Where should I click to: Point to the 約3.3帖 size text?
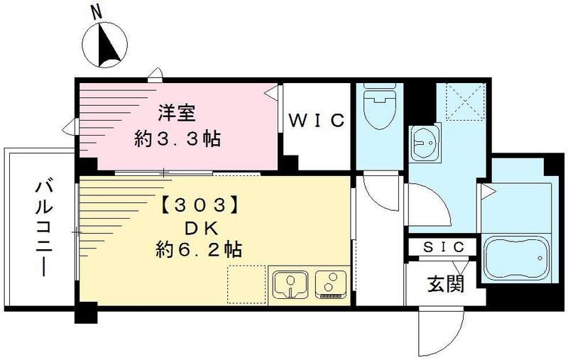pyautogui.click(x=177, y=138)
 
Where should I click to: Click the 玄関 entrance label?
pyautogui.click(x=445, y=284)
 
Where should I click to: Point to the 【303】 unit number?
pyautogui.click(x=194, y=206)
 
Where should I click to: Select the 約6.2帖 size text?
pyautogui.click(x=198, y=251)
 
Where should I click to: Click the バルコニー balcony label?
pyautogui.click(x=41, y=227)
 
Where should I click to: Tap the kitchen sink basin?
pyautogui.click(x=289, y=284)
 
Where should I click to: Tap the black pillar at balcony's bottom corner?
pyautogui.click(x=86, y=313)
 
